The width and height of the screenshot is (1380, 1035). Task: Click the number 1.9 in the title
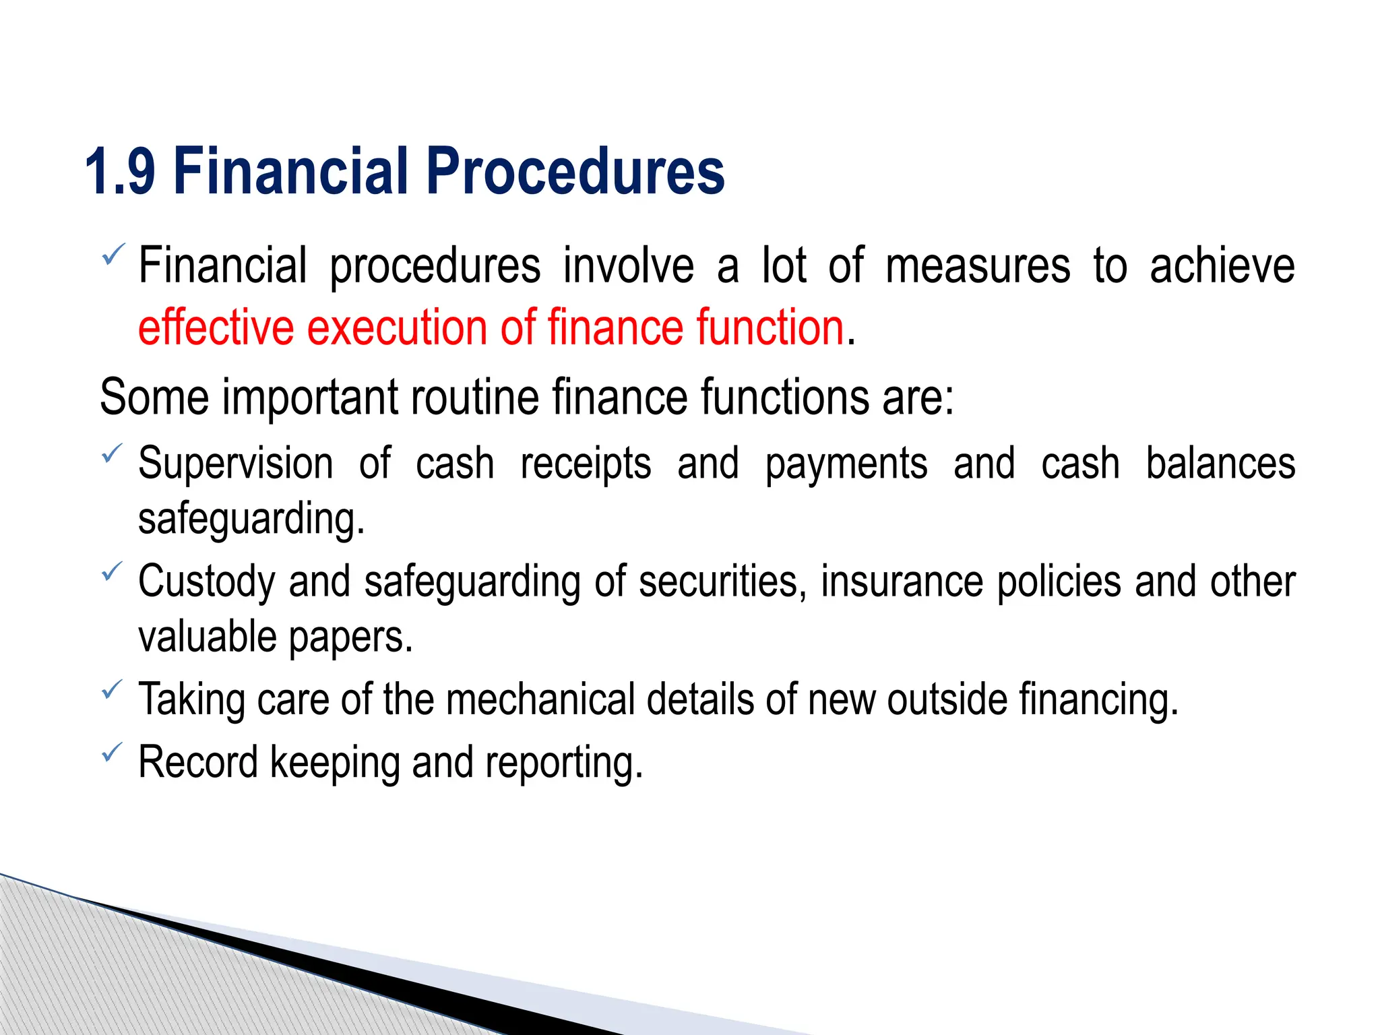pos(120,172)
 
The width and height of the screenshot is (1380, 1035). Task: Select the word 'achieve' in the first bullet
pos(1222,265)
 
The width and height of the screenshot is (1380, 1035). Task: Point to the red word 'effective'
pos(216,327)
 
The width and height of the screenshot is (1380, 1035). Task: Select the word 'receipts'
pos(586,465)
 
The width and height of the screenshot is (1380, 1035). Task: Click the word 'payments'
pos(846,465)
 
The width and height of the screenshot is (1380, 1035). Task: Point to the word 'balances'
pos(1220,464)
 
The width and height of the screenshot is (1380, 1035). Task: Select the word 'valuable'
pos(208,637)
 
